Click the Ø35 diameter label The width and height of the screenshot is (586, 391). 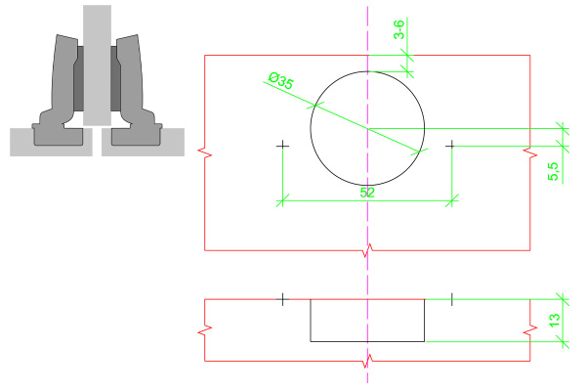tap(281, 81)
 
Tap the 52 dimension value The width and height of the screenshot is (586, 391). tap(367, 193)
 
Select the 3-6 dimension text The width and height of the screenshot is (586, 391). tap(398, 29)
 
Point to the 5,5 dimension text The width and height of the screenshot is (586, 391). tap(554, 171)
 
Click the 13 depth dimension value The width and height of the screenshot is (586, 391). tap(555, 320)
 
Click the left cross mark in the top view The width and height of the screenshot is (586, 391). tap(282, 146)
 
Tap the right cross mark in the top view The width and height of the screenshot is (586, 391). tap(451, 145)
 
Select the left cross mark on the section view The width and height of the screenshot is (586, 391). tap(282, 299)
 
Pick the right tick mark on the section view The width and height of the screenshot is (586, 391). tap(452, 299)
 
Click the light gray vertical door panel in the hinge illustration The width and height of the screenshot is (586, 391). tap(97, 65)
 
